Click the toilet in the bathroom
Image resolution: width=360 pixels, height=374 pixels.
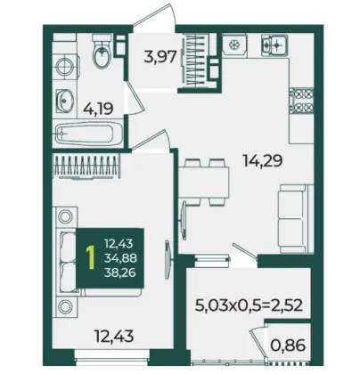[x=102, y=51]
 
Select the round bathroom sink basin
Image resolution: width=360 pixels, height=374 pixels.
[x=64, y=101]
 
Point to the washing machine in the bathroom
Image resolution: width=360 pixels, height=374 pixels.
[x=65, y=66]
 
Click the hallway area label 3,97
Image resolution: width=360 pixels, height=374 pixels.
[x=160, y=56]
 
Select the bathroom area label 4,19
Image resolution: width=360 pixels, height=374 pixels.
[x=98, y=109]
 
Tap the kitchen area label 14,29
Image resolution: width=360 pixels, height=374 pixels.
[x=262, y=161]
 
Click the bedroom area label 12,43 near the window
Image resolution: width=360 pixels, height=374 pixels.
[x=114, y=336]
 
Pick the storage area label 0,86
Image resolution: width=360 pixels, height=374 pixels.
[x=288, y=345]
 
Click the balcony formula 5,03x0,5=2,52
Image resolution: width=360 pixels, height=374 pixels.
[x=249, y=305]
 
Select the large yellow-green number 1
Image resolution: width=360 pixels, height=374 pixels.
[x=91, y=258]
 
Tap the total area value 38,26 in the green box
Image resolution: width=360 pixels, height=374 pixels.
[x=120, y=272]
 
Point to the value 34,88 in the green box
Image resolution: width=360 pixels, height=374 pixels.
[x=120, y=258]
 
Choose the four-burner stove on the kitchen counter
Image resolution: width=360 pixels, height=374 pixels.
[x=301, y=102]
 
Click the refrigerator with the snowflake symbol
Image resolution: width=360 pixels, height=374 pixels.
[x=234, y=45]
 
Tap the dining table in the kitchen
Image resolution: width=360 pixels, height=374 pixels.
[x=204, y=183]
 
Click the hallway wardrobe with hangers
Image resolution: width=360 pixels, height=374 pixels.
[x=194, y=61]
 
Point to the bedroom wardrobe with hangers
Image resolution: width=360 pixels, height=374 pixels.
[x=86, y=166]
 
